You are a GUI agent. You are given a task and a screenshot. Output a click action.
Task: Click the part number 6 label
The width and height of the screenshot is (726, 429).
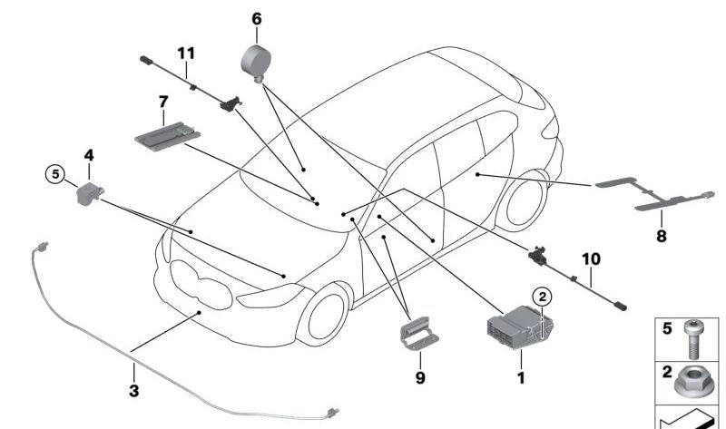pos(256,18)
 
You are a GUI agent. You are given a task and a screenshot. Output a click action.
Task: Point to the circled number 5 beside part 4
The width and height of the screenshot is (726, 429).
pos(55,172)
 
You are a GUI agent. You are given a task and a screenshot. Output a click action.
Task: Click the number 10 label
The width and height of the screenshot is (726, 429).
pos(590,259)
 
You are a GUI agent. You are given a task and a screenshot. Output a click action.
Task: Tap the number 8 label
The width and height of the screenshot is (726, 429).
pos(661,236)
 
